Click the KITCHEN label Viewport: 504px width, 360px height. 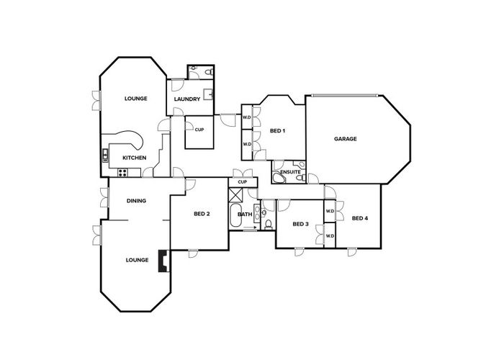point(135,158)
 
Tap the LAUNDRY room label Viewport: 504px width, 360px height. point(187,99)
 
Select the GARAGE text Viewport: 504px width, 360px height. point(346,139)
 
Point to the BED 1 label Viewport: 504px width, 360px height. point(277,131)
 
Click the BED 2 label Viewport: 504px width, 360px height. point(202,214)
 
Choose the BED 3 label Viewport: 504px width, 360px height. point(300,225)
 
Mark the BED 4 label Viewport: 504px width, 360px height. point(360,217)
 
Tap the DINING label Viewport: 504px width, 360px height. point(137,201)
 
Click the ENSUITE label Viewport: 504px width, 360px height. point(290,172)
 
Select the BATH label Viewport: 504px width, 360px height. point(245,214)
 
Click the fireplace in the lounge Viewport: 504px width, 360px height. point(163,261)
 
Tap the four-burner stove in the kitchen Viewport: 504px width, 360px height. point(122,172)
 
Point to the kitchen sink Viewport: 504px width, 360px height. point(105,154)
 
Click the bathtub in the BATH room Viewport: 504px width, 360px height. point(236,216)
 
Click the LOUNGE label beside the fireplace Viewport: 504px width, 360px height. point(137,260)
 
